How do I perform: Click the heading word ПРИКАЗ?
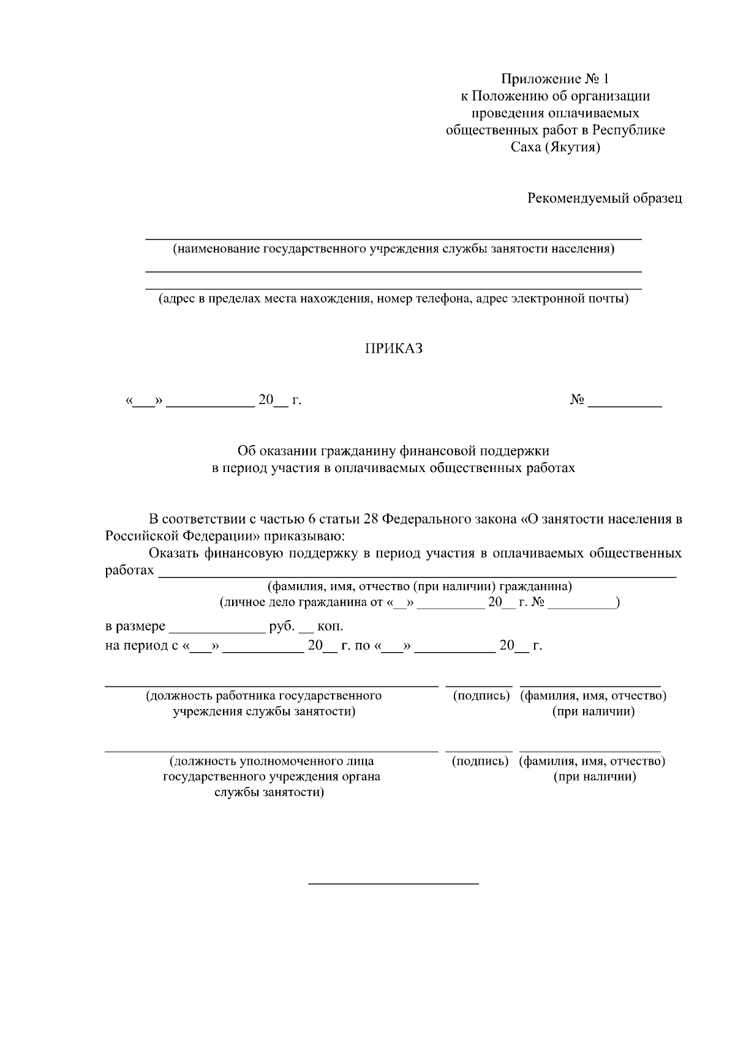[x=394, y=349]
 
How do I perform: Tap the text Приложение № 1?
[x=555, y=79]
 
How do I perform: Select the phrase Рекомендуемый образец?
[x=605, y=198]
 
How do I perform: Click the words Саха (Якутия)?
[x=555, y=148]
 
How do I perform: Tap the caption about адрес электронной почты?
[x=393, y=299]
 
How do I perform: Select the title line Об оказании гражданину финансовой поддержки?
[x=393, y=451]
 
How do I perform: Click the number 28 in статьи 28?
[x=370, y=519]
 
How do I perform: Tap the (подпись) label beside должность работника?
[x=481, y=696]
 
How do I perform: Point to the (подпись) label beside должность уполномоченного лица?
[x=480, y=761]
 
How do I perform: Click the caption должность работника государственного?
[x=263, y=696]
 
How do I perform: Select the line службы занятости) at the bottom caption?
[x=269, y=793]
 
